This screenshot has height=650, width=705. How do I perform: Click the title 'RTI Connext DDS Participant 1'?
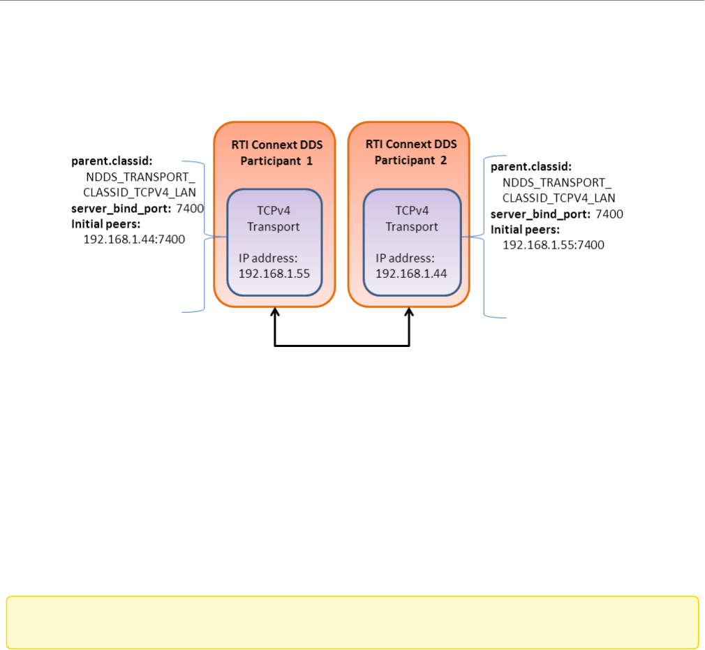click(x=274, y=152)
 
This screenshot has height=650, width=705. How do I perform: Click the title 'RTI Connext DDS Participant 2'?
click(x=410, y=152)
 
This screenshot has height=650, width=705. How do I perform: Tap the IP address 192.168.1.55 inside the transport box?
click(x=274, y=273)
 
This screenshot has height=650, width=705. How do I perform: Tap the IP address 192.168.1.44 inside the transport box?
click(x=410, y=273)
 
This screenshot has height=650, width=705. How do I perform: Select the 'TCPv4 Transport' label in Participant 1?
click(x=274, y=219)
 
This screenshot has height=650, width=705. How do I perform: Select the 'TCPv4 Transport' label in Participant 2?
click(x=412, y=219)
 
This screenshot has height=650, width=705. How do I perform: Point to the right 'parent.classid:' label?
click(x=531, y=167)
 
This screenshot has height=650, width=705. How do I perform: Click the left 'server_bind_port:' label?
click(x=121, y=208)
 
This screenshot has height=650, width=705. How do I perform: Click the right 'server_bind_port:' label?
click(x=541, y=214)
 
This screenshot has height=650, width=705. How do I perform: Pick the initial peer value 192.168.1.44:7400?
click(x=134, y=239)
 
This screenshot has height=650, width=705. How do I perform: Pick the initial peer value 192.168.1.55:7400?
click(x=553, y=245)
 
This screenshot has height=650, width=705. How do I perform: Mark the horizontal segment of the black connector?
click(x=342, y=346)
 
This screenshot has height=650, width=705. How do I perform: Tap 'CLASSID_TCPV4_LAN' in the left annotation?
click(x=140, y=193)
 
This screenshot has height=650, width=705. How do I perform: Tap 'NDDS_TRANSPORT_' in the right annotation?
click(x=556, y=182)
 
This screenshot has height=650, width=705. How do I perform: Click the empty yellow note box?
click(x=352, y=621)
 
